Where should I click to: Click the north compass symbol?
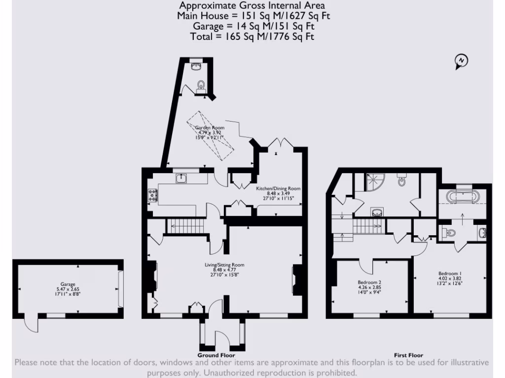click(461, 61)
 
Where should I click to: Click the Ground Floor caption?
click(216, 355)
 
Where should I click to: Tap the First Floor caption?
click(408, 355)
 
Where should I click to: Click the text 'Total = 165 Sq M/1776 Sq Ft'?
click(252, 36)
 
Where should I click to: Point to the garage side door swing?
click(30, 324)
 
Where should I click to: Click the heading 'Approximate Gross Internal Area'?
click(252, 6)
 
